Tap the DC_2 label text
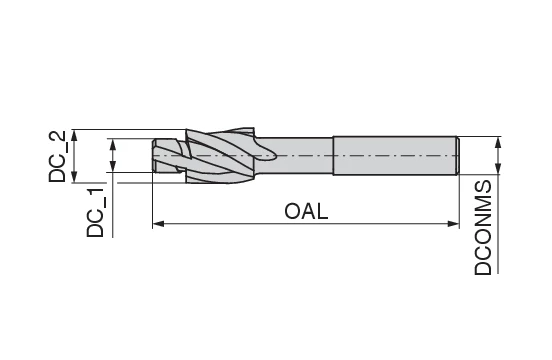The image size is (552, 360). coord(59,156)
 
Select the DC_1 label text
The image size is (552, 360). coord(96,211)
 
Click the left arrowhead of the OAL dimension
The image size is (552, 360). coord(157,225)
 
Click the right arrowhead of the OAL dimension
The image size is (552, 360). coord(454,225)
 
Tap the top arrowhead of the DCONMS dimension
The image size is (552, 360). coord(497,139)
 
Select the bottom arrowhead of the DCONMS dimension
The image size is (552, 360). coord(497,172)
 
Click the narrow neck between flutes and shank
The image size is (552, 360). coord(300,155)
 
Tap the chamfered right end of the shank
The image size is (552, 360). coord(457,155)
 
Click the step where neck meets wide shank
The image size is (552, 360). coord(333,155)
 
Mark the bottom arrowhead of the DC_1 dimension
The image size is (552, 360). coord(113,167)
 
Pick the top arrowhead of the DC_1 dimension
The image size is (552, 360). coord(113,143)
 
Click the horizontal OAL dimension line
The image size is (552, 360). coord(240,225)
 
